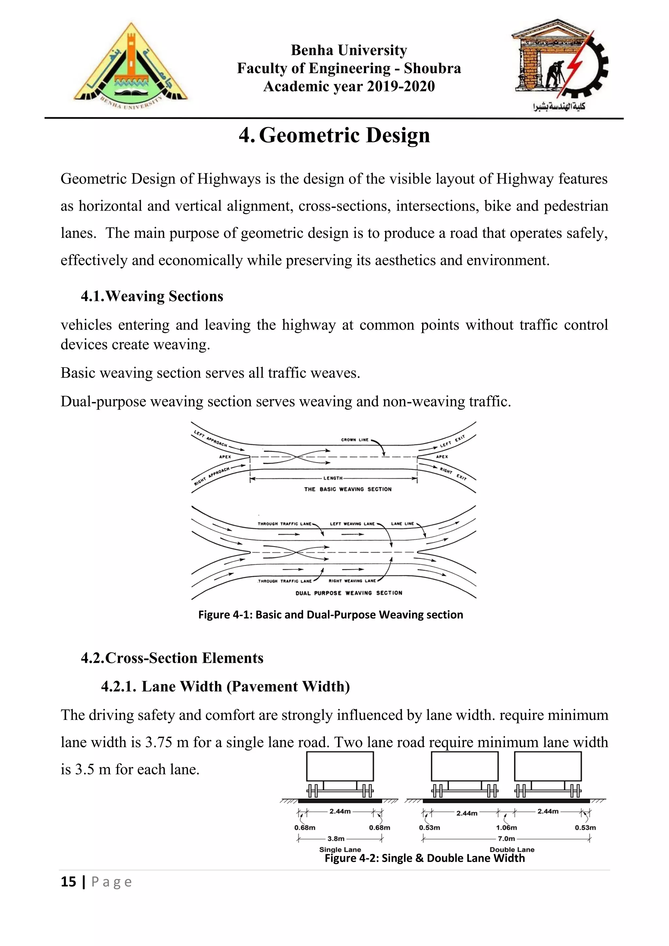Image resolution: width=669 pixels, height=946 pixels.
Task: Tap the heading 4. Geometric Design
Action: (x=334, y=135)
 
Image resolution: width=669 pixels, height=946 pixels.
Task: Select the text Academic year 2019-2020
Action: (x=349, y=87)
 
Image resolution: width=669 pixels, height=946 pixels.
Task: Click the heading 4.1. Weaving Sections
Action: (x=152, y=296)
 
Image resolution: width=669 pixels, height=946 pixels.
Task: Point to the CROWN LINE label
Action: (x=355, y=440)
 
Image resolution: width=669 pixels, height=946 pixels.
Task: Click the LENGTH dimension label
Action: (x=333, y=478)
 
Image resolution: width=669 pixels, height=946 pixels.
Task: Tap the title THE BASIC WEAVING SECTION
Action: (x=348, y=489)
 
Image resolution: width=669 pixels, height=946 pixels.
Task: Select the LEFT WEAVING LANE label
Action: (x=352, y=524)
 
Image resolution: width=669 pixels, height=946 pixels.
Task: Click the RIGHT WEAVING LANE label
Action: (x=352, y=581)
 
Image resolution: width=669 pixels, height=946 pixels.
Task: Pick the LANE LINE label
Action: (x=402, y=524)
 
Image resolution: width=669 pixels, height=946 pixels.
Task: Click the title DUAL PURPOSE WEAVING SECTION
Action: (x=349, y=593)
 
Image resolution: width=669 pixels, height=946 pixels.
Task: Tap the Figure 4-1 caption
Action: (x=330, y=615)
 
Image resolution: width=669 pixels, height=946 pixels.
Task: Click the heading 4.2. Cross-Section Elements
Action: (x=172, y=658)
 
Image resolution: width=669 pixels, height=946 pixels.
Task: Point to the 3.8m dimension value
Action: (x=336, y=839)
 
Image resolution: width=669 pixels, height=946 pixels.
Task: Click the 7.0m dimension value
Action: (x=506, y=839)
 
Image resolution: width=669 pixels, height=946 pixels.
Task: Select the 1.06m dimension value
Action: (x=506, y=827)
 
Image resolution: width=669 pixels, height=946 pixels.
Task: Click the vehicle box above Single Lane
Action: (x=340, y=766)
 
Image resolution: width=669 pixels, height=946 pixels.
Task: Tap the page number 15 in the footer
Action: (x=68, y=882)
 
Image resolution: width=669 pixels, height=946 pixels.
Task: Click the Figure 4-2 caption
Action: (x=424, y=858)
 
